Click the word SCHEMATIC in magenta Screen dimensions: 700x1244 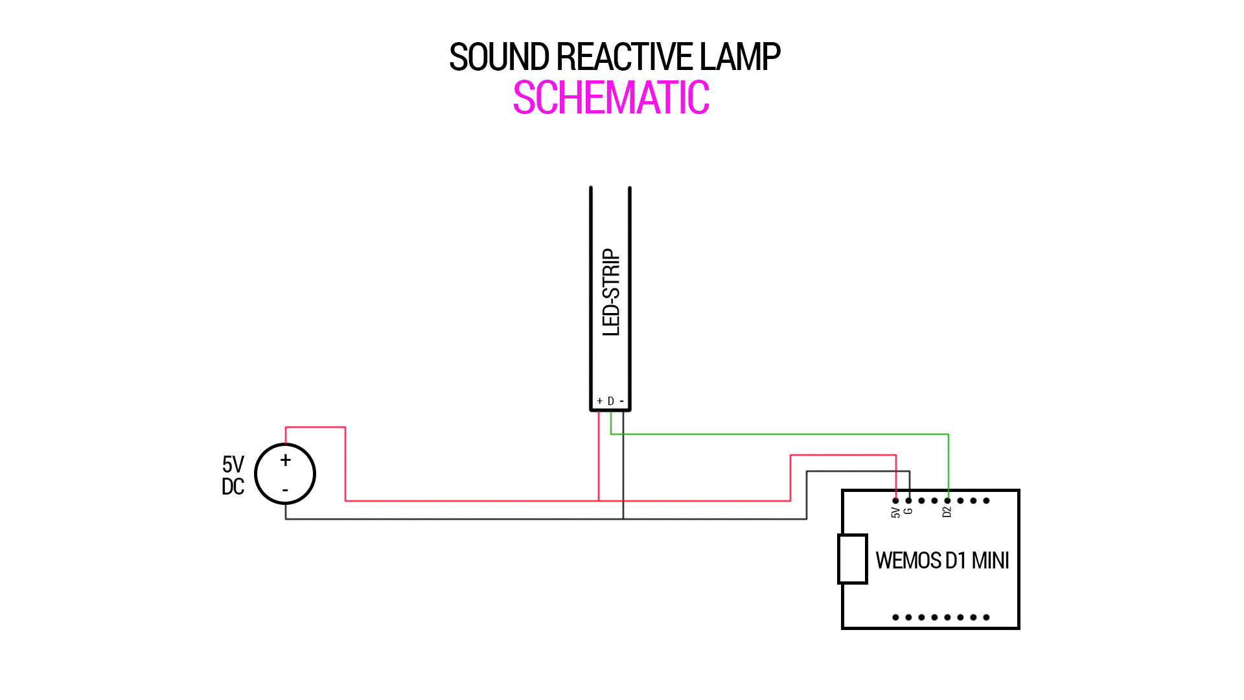pyautogui.click(x=610, y=99)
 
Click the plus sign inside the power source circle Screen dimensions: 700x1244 pyautogui.click(x=285, y=460)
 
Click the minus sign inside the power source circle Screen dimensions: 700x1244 pyautogui.click(x=285, y=491)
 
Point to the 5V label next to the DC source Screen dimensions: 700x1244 pyautogui.click(x=233, y=464)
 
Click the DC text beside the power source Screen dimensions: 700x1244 pyautogui.click(x=233, y=487)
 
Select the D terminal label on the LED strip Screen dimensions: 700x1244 pyautogui.click(x=610, y=401)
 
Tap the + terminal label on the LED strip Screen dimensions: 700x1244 pyautogui.click(x=599, y=401)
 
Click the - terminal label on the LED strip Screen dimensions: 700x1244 pyautogui.click(x=621, y=401)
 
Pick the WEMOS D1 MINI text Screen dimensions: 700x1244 pyautogui.click(x=942, y=561)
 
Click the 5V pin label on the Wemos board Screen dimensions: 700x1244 pyautogui.click(x=895, y=513)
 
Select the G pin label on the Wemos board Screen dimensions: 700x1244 pyautogui.click(x=908, y=511)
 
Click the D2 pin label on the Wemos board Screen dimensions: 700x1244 pyautogui.click(x=947, y=512)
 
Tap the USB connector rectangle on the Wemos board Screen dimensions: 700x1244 pyautogui.click(x=852, y=559)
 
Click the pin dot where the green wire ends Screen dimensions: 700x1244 pyautogui.click(x=948, y=500)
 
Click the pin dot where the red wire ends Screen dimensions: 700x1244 pyautogui.click(x=895, y=500)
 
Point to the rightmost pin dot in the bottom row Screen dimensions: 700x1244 pyautogui.click(x=986, y=617)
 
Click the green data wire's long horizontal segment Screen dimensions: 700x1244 pyautogui.click(x=777, y=434)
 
